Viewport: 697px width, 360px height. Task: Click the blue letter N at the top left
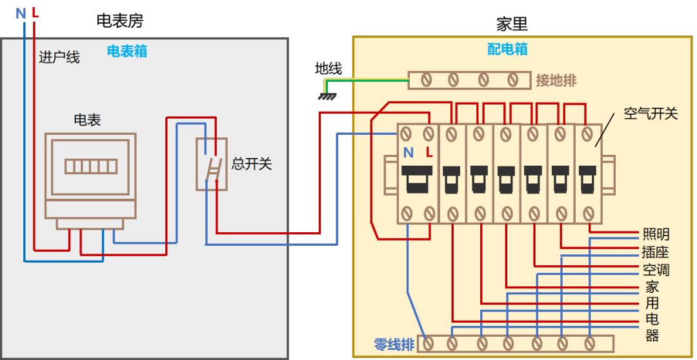20,13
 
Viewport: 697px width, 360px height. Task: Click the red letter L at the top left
34,13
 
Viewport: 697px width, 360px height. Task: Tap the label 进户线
59,57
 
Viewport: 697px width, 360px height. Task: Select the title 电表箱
127,52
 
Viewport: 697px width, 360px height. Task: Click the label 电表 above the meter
87,120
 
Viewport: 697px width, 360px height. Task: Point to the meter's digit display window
91,166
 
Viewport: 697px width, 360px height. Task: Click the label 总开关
252,164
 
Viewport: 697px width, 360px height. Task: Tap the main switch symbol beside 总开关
212,164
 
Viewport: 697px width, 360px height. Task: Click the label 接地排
556,81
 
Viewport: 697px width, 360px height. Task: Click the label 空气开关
651,114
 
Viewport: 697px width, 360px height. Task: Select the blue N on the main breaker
408,153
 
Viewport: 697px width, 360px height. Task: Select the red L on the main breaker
429,153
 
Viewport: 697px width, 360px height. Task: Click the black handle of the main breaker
418,178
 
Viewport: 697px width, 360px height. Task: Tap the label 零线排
394,345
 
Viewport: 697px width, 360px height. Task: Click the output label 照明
656,235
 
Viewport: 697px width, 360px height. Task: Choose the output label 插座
656,252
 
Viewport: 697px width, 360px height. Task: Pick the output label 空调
656,270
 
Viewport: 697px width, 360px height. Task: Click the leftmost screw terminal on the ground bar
427,80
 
